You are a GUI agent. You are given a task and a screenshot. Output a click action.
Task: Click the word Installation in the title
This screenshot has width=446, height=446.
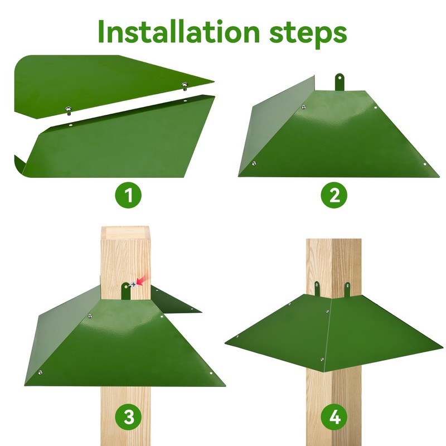pos(179,31)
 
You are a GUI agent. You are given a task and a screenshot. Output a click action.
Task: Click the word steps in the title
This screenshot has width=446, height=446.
pos(308,33)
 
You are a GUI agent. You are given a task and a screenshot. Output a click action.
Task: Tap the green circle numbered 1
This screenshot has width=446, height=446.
pos(128,195)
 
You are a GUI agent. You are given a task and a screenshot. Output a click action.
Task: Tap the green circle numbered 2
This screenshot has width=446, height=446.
pos(334,195)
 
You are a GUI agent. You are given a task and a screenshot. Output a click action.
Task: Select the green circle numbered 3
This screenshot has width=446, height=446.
pos(128,418)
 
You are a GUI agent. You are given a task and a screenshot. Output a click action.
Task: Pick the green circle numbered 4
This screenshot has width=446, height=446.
pos(334,418)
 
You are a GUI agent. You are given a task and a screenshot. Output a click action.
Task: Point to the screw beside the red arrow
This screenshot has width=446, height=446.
pos(133,284)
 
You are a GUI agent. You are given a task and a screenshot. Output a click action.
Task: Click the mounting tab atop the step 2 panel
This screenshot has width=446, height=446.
pos(339,82)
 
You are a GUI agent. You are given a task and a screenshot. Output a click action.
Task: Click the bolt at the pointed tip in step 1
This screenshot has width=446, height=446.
pos(185,85)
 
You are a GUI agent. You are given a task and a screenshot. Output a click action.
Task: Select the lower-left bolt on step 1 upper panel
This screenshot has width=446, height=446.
pos(68,110)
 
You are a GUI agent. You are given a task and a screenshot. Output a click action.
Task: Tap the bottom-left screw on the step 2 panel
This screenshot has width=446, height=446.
pos(254,163)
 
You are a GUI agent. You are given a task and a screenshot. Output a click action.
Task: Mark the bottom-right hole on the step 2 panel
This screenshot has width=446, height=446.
pos(425,164)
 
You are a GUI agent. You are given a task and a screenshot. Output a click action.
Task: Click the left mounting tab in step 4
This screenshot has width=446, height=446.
pos(317,288)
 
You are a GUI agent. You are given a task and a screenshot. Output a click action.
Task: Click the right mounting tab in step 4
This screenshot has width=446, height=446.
pos(347,289)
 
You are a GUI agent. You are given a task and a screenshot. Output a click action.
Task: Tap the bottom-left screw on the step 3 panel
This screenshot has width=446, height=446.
pos(40,372)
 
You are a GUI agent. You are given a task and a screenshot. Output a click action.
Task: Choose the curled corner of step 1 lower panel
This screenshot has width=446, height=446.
pos(20,166)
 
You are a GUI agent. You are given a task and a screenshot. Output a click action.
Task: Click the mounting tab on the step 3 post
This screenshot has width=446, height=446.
pos(126,290)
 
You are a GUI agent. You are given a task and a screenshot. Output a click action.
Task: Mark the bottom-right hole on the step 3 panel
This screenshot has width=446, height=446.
pos(211,373)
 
